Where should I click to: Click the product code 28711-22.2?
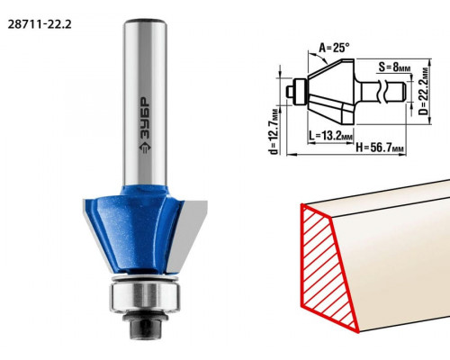(40, 24)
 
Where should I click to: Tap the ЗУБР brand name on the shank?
(146, 119)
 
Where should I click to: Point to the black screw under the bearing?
(145, 326)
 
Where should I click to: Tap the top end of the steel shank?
(146, 22)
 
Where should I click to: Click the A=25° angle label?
(334, 48)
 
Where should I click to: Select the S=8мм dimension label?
(393, 67)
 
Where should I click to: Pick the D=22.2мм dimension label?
(425, 92)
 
